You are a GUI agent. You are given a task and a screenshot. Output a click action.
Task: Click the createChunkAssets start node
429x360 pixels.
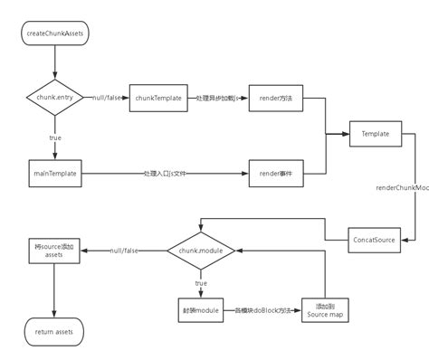[x=54, y=33]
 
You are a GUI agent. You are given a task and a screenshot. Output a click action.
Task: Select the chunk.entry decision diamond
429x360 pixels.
[x=54, y=97]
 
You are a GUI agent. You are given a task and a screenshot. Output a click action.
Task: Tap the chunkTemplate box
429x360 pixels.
[x=155, y=97]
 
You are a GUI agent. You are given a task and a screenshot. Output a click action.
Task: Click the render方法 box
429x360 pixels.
[x=275, y=97]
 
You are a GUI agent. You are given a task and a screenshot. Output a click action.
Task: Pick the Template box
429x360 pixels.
[x=375, y=134]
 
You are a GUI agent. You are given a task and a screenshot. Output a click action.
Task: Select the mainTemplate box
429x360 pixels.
[x=54, y=172]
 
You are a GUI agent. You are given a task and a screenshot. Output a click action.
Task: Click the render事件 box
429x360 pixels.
[x=275, y=172]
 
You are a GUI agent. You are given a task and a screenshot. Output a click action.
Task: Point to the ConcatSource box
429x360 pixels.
[x=375, y=240]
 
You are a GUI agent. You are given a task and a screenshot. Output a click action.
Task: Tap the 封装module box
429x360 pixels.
[x=201, y=310]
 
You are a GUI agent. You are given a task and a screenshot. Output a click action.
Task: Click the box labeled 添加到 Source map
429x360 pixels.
[x=324, y=310]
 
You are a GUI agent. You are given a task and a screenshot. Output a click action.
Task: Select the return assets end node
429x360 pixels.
[x=54, y=332]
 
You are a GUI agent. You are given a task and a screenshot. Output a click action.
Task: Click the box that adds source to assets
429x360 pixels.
[x=54, y=251]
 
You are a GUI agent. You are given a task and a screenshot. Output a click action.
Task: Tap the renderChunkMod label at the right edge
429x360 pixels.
[x=403, y=187]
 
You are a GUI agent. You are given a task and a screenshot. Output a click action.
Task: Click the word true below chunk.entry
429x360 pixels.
[x=54, y=137]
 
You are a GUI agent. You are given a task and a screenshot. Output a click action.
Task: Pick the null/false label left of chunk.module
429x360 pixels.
[x=123, y=251]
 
